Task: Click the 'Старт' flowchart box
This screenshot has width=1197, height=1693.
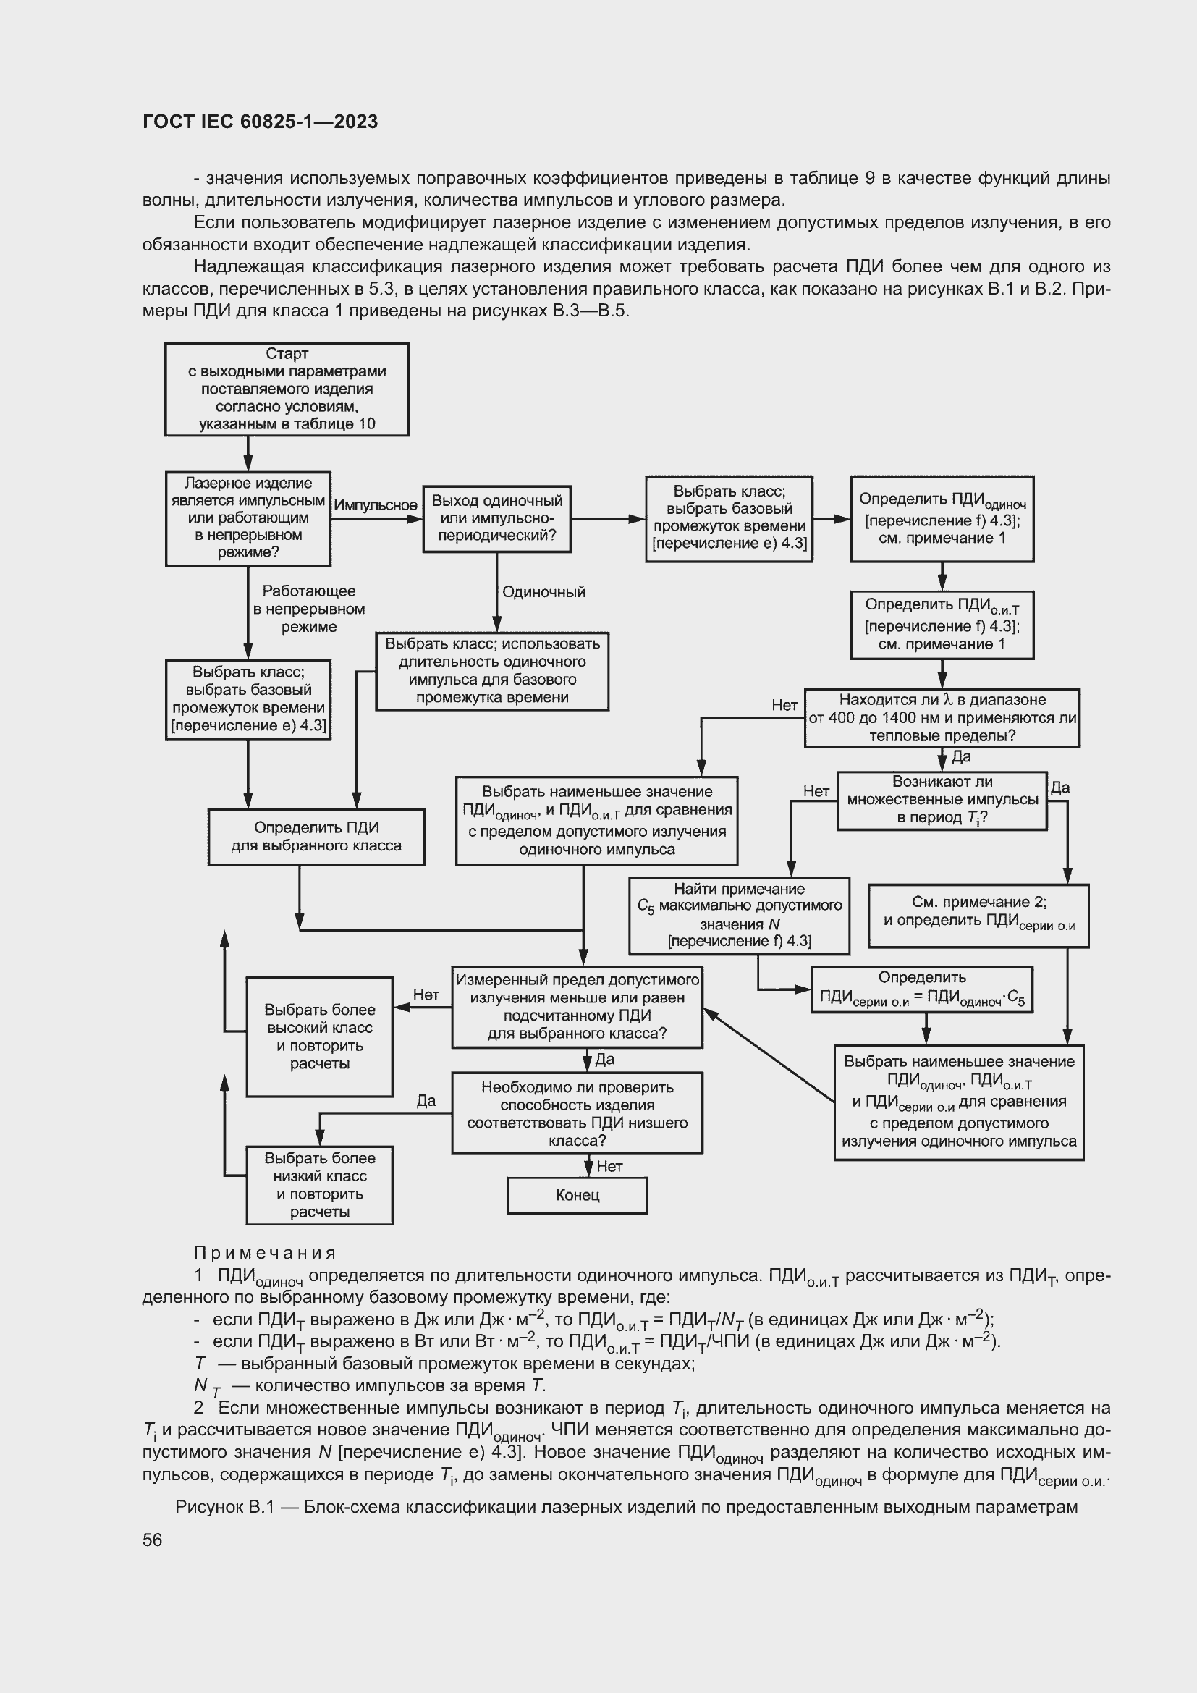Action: pyautogui.click(x=286, y=389)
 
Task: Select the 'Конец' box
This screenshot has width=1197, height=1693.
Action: pyautogui.click(x=576, y=1194)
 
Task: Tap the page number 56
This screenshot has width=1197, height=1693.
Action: pyautogui.click(x=153, y=1540)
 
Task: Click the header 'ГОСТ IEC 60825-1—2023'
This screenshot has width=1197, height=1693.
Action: pyautogui.click(x=261, y=122)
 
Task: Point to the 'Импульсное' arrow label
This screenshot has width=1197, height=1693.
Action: pyautogui.click(x=375, y=505)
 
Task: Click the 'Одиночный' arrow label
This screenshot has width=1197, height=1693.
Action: pyautogui.click(x=543, y=592)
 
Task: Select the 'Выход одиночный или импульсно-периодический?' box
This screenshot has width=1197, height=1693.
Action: pyautogui.click(x=496, y=518)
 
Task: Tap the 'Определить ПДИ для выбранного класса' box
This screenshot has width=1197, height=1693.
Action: pyautogui.click(x=316, y=837)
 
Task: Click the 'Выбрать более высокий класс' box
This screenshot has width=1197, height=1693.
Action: pyautogui.click(x=319, y=1036)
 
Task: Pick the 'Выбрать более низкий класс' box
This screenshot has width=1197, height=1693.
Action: pyautogui.click(x=319, y=1185)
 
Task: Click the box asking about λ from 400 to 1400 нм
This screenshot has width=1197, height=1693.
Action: pyautogui.click(x=942, y=717)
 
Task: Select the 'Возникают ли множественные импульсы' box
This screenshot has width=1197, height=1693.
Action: pyautogui.click(x=942, y=800)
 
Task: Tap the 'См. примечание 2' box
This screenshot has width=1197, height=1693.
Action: pyautogui.click(x=978, y=915)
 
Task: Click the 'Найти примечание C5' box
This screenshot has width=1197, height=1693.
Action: pyautogui.click(x=739, y=915)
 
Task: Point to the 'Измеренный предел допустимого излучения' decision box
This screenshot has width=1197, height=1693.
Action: pyautogui.click(x=576, y=1007)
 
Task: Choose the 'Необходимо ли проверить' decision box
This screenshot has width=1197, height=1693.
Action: pyautogui.click(x=576, y=1113)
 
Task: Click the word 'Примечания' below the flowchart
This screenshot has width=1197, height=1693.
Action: pyautogui.click(x=265, y=1253)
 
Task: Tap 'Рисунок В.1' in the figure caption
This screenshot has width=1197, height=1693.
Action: pyautogui.click(x=224, y=1506)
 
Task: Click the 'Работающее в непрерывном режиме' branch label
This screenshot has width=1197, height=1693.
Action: pyautogui.click(x=308, y=609)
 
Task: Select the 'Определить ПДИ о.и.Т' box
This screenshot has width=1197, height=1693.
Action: pyautogui.click(x=942, y=625)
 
